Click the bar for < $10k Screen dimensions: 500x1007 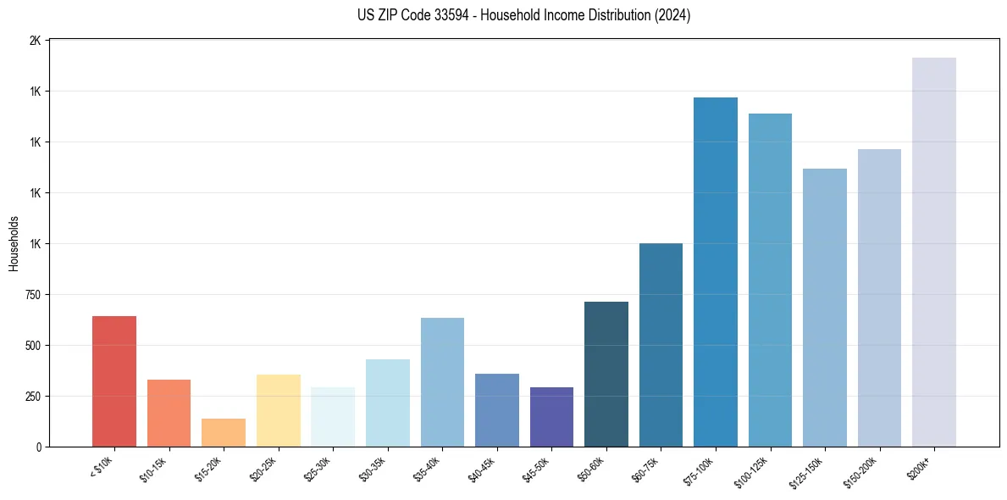click(x=114, y=381)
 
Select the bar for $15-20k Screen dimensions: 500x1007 click(x=224, y=432)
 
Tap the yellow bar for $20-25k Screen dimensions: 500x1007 click(x=279, y=410)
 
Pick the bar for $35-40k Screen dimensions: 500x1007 click(x=442, y=382)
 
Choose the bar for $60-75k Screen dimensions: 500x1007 click(x=661, y=345)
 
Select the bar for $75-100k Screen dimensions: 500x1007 click(x=716, y=272)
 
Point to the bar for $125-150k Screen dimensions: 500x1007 click(x=825, y=308)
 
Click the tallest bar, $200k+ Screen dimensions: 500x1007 click(x=934, y=252)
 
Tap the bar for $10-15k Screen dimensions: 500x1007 click(x=169, y=413)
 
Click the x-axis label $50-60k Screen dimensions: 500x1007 click(x=591, y=469)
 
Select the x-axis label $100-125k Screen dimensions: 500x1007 click(x=753, y=471)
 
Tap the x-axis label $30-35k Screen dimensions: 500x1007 click(x=373, y=469)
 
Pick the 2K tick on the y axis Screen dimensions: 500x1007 click(x=36, y=41)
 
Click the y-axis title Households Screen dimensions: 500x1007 click(x=14, y=243)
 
